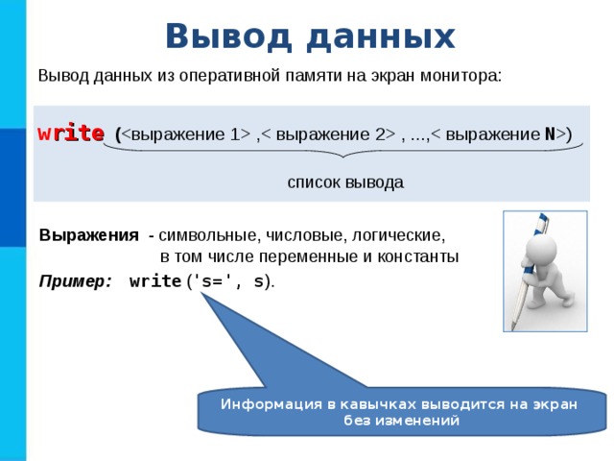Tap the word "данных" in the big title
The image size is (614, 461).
click(x=380, y=36)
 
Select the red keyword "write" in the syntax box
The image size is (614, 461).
click(x=71, y=134)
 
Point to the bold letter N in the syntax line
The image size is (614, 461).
click(x=551, y=134)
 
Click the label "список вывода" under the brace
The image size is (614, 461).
click(x=345, y=182)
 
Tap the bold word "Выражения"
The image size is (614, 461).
click(x=89, y=234)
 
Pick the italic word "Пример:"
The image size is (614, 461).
click(x=75, y=281)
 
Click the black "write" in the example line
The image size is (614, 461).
click(x=154, y=281)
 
